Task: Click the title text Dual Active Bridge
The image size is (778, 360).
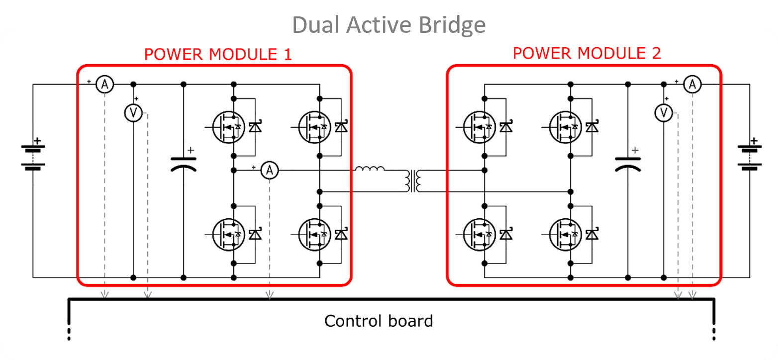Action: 389,24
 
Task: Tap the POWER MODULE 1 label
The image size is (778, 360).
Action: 217,54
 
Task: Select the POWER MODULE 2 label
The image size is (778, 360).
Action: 587,53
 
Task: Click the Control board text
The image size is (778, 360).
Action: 378,321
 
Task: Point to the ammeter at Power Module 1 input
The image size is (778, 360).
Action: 104,85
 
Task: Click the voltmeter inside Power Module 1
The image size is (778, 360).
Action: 133,113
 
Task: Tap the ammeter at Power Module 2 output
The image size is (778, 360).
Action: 692,85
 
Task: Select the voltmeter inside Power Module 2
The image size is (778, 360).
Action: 663,113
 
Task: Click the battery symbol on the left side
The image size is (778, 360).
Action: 33,155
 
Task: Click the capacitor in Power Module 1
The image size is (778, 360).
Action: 184,164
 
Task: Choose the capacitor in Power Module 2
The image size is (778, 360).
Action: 628,164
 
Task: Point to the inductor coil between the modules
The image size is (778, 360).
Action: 370,170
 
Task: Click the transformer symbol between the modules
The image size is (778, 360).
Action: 414,181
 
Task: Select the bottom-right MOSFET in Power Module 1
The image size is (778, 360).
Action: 314,234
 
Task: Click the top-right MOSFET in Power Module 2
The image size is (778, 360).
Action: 565,127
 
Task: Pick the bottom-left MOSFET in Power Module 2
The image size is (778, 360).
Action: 479,234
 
